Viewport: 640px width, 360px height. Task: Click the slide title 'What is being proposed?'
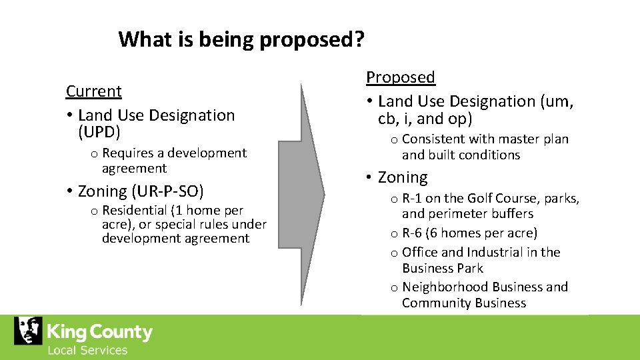(241, 40)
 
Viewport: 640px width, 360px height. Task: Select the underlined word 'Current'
(94, 91)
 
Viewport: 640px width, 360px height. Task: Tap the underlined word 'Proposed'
(401, 77)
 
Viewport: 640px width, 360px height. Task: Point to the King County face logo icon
(28, 331)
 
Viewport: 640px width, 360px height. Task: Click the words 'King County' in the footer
(99, 331)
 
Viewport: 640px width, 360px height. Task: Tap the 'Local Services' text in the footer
(87, 350)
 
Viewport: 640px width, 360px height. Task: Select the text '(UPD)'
(99, 132)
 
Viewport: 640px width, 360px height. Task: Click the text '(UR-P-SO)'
(167, 191)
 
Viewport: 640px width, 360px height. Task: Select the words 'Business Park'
(443, 268)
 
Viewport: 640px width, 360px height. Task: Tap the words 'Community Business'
(464, 303)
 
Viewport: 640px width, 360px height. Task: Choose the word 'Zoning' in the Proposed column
(403, 177)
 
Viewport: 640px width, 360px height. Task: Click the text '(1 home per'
(207, 211)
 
